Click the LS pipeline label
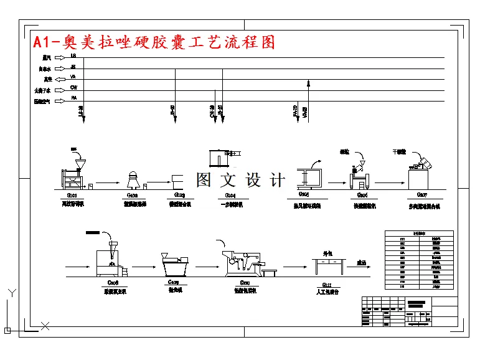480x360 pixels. (73, 57)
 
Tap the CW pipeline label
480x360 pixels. (73, 87)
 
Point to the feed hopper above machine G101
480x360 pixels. (79, 164)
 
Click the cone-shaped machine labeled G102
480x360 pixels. (132, 180)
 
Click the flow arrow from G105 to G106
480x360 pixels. (337, 183)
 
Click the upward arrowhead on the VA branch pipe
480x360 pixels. (308, 82)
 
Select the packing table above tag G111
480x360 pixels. (331, 267)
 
